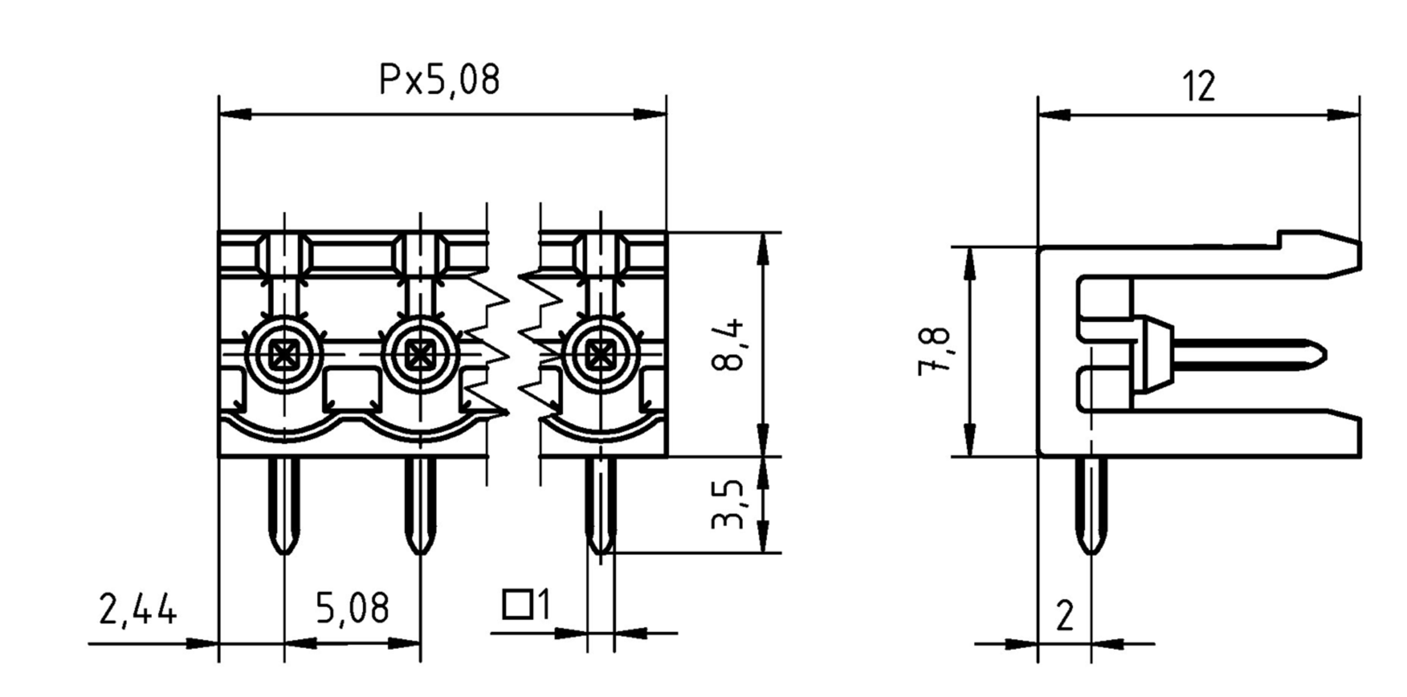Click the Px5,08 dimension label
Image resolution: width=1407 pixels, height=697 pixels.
(x=439, y=80)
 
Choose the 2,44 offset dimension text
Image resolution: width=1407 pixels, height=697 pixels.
(x=138, y=610)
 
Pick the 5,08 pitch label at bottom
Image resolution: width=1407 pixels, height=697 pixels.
(x=352, y=608)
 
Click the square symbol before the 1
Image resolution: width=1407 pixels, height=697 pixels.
(x=517, y=605)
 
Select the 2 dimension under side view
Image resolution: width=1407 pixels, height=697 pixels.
(x=1064, y=616)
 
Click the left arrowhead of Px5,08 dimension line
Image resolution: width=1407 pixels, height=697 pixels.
(x=235, y=114)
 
